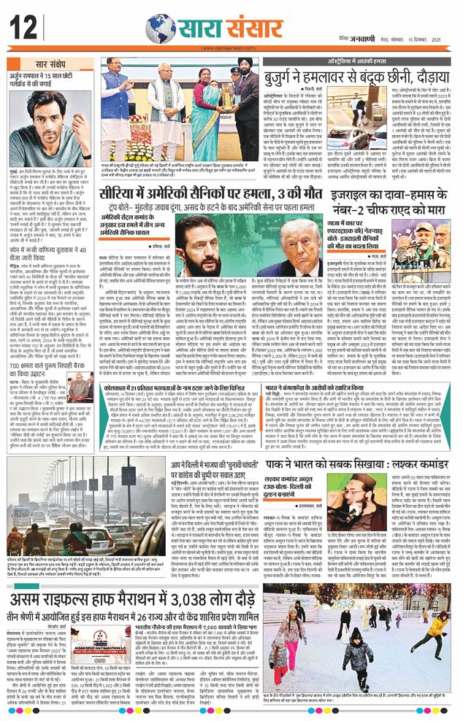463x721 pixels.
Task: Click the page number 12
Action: pos(23,29)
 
